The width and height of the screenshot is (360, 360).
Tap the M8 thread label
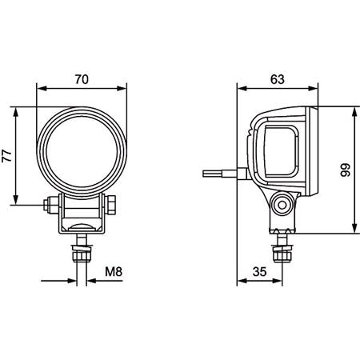point(114,272)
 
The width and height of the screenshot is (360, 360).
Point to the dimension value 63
point(277,79)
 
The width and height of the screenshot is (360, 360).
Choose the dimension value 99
point(346,170)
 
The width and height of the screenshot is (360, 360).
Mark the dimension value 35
point(258,272)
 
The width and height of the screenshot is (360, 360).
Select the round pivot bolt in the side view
point(282,206)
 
